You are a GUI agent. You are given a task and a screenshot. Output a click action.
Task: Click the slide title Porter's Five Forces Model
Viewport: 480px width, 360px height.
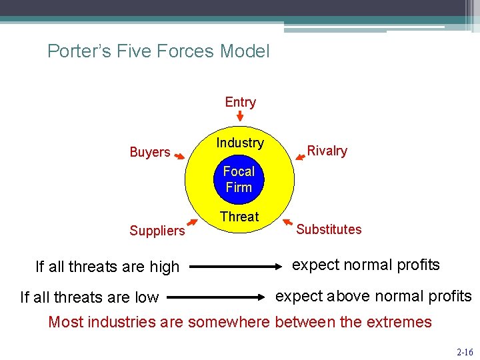(159, 51)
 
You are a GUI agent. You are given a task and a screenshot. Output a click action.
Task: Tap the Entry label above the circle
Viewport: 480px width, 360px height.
(240, 102)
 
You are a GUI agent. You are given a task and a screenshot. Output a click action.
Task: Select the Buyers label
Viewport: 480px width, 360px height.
(149, 152)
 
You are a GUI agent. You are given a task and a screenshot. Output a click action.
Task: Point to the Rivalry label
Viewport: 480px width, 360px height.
(327, 151)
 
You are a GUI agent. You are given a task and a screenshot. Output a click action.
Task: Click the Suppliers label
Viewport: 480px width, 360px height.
(157, 231)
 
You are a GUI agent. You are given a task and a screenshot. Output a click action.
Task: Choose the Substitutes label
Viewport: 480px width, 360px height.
(329, 229)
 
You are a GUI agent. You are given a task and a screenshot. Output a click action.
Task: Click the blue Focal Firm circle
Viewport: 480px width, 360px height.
(239, 179)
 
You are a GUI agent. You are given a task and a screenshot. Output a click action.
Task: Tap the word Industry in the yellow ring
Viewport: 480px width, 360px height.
(239, 143)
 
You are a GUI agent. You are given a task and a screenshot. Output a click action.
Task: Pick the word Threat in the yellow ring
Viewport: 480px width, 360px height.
(239, 217)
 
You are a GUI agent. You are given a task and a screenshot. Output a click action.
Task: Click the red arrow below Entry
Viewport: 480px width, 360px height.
(240, 117)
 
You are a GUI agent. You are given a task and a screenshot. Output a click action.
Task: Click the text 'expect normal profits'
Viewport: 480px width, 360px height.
(365, 265)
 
